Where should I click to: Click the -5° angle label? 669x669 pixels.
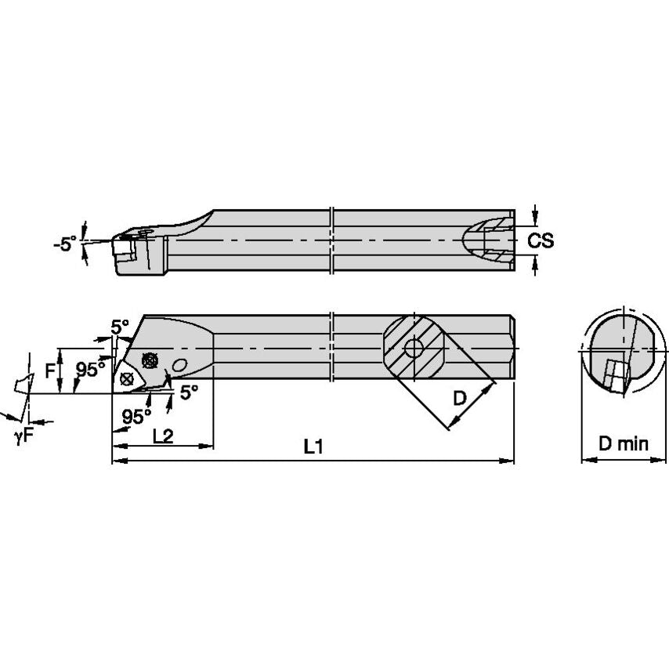[x=65, y=244]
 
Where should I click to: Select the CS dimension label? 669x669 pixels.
[x=540, y=240]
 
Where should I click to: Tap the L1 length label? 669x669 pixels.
[x=313, y=447]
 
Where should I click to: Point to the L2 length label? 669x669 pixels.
[x=162, y=436]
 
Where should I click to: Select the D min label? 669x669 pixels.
[x=624, y=444]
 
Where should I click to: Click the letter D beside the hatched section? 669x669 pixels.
[x=460, y=398]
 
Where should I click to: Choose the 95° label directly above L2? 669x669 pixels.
[x=136, y=416]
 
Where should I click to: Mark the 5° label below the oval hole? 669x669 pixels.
[x=189, y=393]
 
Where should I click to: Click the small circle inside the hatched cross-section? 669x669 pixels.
[x=413, y=347]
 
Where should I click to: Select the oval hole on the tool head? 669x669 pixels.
[x=180, y=366]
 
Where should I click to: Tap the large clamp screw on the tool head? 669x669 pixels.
[x=150, y=360]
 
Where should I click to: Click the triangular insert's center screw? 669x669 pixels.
[x=127, y=378]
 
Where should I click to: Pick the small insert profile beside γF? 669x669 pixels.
[x=21, y=383]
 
